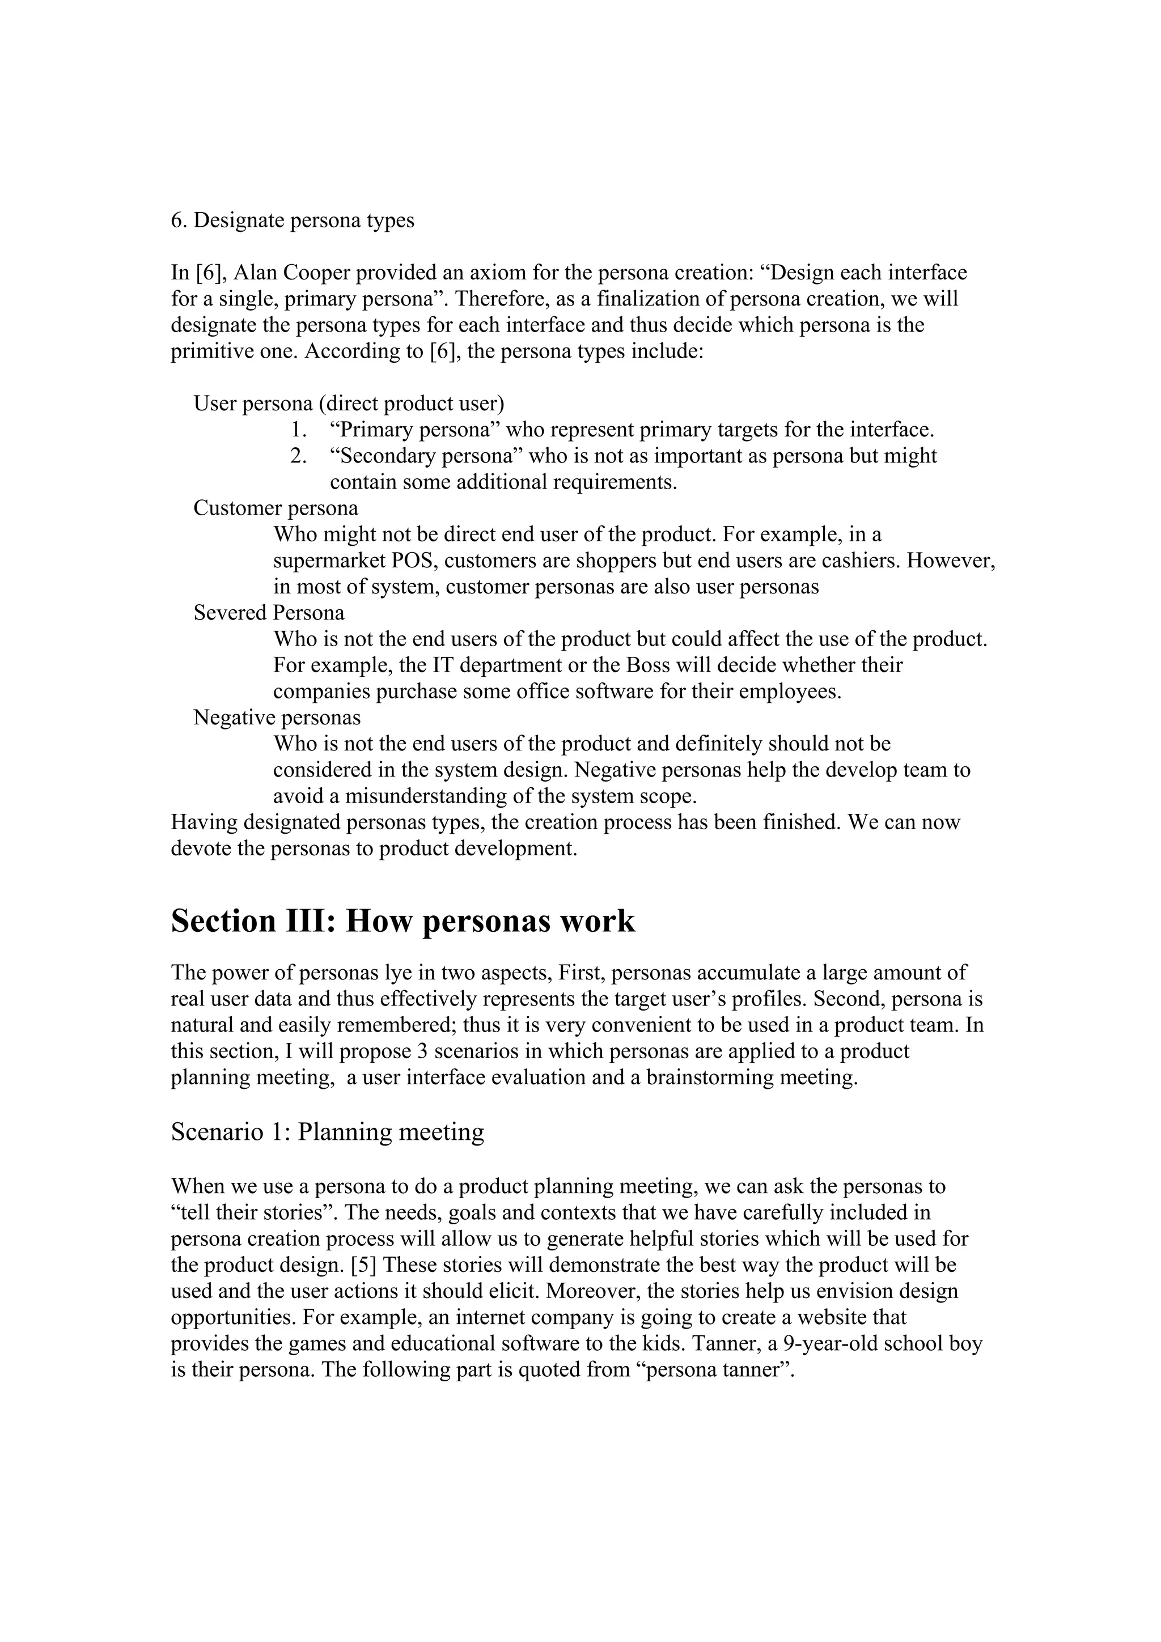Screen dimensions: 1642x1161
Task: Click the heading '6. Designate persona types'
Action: click(292, 220)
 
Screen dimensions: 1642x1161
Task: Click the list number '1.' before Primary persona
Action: click(298, 430)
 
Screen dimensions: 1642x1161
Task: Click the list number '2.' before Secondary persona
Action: click(298, 456)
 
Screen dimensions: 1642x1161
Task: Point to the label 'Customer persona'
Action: click(276, 508)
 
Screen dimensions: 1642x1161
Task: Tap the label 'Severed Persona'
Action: click(268, 613)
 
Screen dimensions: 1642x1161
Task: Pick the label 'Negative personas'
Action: click(277, 718)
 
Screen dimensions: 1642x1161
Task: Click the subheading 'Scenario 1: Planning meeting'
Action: click(327, 1132)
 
